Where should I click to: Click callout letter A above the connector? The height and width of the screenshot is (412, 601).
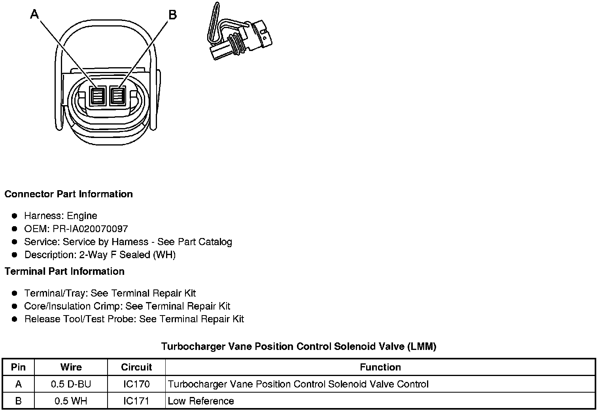[35, 15]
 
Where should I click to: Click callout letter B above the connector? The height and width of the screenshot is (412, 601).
[173, 15]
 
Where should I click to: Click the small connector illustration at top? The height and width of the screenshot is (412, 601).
[239, 33]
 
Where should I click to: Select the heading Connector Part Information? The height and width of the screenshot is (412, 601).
[68, 194]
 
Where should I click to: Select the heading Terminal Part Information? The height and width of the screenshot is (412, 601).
[64, 271]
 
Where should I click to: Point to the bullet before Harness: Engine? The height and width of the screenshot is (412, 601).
[15, 216]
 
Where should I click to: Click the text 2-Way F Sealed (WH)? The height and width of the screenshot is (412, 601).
[127, 255]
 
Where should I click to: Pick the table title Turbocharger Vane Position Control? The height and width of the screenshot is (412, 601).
[299, 347]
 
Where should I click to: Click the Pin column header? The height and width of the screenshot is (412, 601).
[18, 367]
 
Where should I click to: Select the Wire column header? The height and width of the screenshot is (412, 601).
[71, 367]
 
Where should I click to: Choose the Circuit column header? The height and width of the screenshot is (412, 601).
[136, 367]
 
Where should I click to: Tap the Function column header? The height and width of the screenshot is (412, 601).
[380, 367]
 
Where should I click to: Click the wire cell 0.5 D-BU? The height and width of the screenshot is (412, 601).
[71, 384]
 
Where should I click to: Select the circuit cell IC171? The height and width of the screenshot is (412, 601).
[136, 401]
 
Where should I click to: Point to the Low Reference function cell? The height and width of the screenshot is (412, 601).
[201, 401]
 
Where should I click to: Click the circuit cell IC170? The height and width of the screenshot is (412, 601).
[136, 384]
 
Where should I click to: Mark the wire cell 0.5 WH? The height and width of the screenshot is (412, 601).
[71, 401]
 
